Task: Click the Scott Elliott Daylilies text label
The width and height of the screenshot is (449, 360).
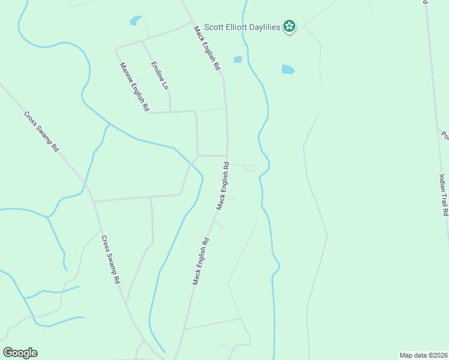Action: [243, 27]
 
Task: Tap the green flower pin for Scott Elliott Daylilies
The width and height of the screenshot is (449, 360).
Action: [289, 26]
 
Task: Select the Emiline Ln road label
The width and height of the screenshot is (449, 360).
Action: [159, 76]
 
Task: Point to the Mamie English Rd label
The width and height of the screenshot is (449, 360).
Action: [134, 87]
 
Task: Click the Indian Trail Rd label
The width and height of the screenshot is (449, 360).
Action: [444, 195]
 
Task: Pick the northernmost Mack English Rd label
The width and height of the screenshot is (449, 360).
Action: [206, 48]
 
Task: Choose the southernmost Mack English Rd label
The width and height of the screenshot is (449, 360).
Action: [200, 261]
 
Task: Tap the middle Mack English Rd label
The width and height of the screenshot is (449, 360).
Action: [223, 185]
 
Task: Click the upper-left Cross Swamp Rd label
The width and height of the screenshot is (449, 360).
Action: [41, 131]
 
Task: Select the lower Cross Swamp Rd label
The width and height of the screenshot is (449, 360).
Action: [111, 260]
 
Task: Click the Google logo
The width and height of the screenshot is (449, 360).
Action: [20, 353]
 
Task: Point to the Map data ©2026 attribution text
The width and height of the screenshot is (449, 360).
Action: [423, 355]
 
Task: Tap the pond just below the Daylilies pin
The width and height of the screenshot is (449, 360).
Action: [288, 70]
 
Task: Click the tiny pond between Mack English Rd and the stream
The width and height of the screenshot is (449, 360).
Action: [238, 59]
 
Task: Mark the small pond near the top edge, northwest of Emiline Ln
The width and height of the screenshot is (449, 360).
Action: [136, 22]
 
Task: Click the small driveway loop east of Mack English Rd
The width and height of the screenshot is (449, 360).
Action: [250, 168]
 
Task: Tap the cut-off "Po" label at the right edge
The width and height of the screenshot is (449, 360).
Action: [445, 136]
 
